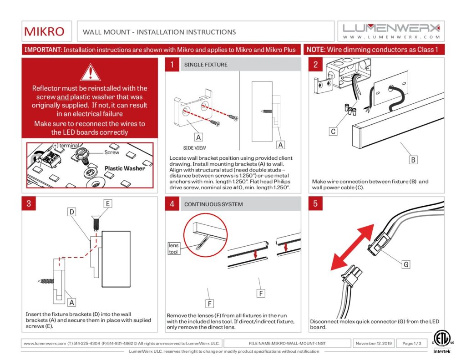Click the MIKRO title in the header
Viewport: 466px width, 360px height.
click(44, 31)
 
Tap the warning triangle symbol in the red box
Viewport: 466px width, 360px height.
click(90, 73)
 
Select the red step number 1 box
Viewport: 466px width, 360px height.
click(172, 65)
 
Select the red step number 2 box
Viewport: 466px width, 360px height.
click(315, 65)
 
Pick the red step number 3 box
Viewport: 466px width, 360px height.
click(29, 203)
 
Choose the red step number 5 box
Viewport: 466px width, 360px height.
click(315, 203)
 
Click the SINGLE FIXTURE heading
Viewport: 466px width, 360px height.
click(206, 65)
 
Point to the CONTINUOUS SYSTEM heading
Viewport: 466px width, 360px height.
click(213, 204)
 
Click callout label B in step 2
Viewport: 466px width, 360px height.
click(413, 160)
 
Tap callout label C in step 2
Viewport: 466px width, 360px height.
click(334, 132)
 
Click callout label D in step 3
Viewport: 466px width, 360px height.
click(72, 212)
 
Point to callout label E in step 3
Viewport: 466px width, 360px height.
click(107, 203)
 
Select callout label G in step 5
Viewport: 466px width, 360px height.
click(406, 264)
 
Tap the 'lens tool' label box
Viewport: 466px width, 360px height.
click(174, 248)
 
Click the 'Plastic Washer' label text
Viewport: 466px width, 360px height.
click(125, 168)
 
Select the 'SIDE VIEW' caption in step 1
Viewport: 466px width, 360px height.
click(194, 148)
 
